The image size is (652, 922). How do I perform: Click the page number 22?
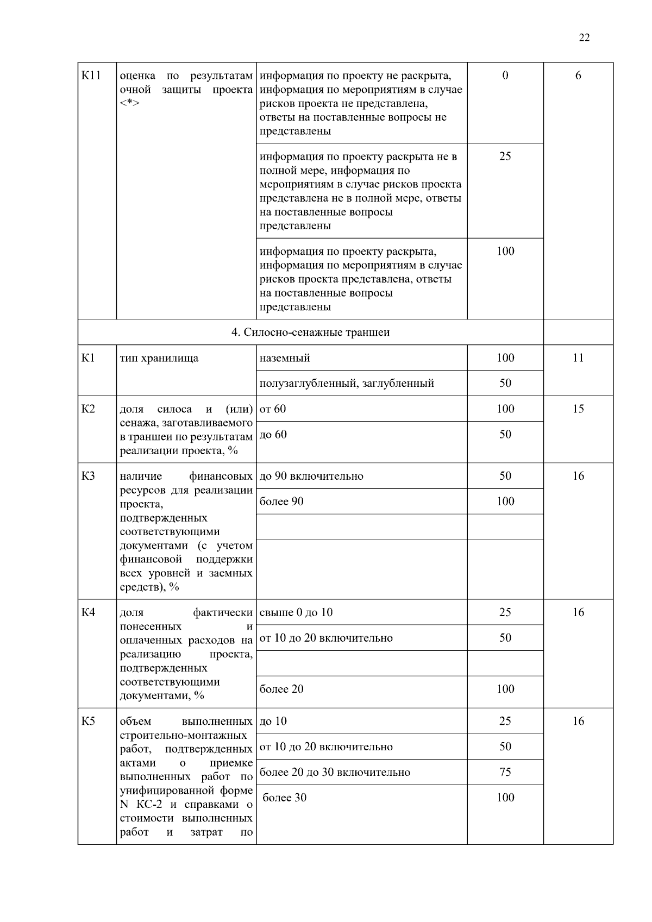pos(584,37)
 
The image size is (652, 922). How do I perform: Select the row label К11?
pos(91,76)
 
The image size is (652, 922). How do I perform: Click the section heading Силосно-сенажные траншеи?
pos(310,332)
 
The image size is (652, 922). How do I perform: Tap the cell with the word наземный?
pos(285,358)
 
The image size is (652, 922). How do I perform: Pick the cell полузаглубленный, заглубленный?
pos(347,384)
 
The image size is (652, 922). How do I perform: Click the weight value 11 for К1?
pos(578,358)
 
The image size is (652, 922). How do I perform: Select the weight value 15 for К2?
pos(578,409)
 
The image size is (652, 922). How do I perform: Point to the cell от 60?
pos(273,409)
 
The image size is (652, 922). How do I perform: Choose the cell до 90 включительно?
pos(311,476)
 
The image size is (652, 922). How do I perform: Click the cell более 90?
pos(281,501)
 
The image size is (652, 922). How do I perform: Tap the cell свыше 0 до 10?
pos(296,613)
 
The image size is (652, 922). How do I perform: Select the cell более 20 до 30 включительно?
pos(335,773)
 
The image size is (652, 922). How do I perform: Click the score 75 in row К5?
pos(505,773)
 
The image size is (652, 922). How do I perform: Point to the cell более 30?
pos(285,798)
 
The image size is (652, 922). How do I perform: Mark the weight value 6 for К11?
pos(578,76)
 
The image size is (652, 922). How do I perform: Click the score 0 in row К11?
pos(505,76)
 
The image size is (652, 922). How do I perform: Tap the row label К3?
pos(88,476)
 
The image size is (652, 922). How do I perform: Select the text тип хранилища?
pos(159,359)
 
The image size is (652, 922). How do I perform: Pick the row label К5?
pos(88,722)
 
